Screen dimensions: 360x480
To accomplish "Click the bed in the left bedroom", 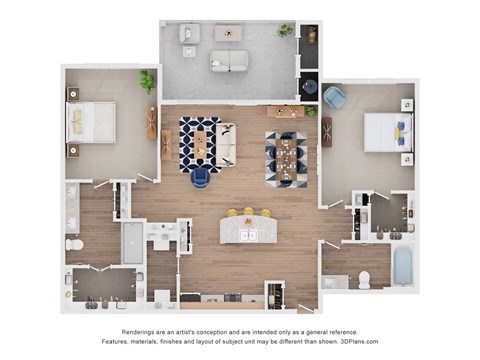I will pos(91,122).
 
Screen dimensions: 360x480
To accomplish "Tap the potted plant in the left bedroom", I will pos(147,80).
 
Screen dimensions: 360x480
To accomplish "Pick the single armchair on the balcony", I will pos(189,33).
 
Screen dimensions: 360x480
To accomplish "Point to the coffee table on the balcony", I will pos(228,33).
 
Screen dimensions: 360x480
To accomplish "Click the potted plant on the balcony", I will pos(286,31).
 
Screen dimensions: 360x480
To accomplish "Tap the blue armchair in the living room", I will pos(200,177).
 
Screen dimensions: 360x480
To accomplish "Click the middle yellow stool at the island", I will pos(248,212).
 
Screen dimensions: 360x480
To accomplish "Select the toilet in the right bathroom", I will pos(364,279).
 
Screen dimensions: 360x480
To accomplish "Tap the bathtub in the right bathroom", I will pos(402,266).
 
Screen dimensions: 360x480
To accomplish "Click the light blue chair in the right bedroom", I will pos(335,98).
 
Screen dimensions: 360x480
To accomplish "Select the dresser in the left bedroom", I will pos(152,123).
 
